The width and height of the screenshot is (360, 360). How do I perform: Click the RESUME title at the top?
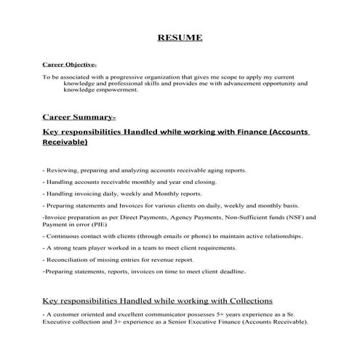[x=180, y=38]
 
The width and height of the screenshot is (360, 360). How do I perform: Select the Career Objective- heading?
[x=65, y=64]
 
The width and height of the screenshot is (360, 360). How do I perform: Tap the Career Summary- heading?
[x=79, y=116]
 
